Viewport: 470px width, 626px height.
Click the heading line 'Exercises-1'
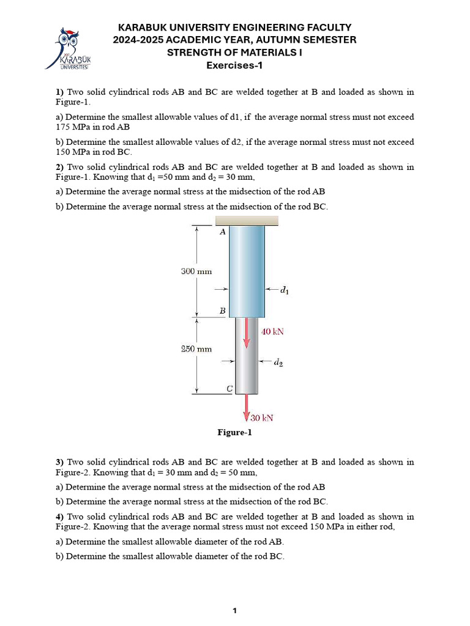[x=234, y=65]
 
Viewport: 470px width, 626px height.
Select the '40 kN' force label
[x=272, y=332]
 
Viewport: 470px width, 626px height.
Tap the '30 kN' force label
[x=262, y=418]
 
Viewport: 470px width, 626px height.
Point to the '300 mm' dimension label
[x=196, y=271]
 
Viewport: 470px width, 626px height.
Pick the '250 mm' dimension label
[x=196, y=349]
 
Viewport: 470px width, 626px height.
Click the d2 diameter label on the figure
[x=278, y=363]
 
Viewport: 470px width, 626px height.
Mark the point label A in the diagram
[x=222, y=232]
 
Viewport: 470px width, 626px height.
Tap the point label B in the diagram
[x=222, y=311]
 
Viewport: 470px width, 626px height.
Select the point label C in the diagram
[x=229, y=388]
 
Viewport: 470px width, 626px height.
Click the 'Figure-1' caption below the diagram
[x=234, y=433]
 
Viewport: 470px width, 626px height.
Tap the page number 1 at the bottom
[x=234, y=610]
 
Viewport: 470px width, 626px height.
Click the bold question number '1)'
[x=60, y=92]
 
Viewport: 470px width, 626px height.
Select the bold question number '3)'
[x=60, y=462]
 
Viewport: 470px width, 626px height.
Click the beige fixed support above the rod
[x=247, y=221]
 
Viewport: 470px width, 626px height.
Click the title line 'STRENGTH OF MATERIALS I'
[x=234, y=53]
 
